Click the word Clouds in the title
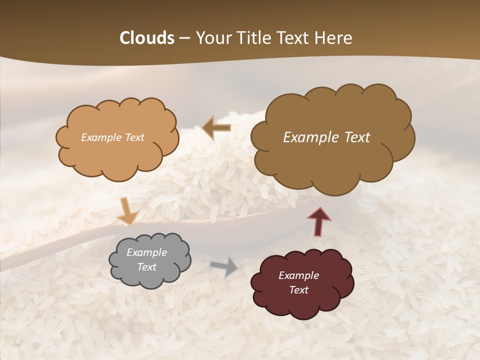pyautogui.click(x=147, y=38)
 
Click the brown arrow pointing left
pyautogui.click(x=217, y=128)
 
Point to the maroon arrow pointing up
pyautogui.click(x=319, y=221)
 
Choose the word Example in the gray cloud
pyautogui.click(x=147, y=252)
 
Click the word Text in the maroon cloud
pyautogui.click(x=299, y=290)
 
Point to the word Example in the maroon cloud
pyautogui.click(x=299, y=275)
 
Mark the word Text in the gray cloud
pyautogui.click(x=147, y=267)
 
